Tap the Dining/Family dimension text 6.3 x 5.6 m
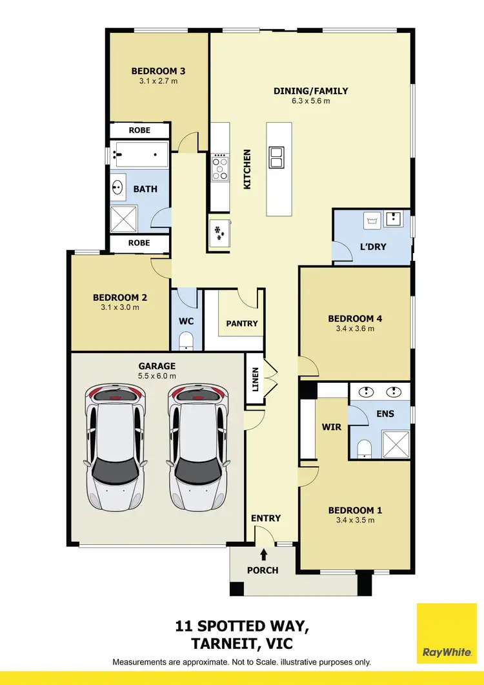[310, 101]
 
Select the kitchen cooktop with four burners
[220, 167]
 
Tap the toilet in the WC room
[186, 340]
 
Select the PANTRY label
[242, 323]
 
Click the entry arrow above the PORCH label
[263, 553]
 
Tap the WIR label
[331, 427]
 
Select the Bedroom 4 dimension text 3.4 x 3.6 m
[355, 328]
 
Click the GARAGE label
[157, 366]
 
